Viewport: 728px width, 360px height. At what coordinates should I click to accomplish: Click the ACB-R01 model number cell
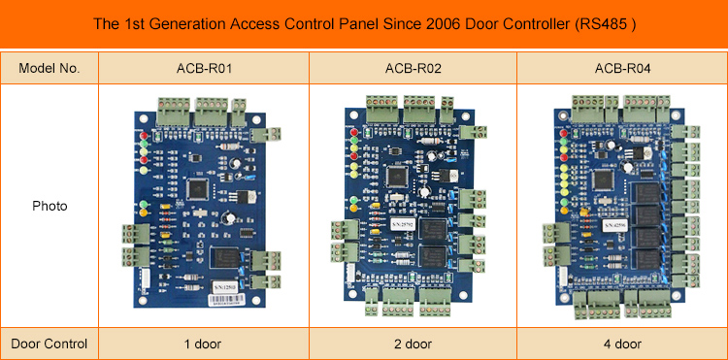click(203, 67)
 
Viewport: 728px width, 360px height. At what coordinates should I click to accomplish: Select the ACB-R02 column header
click(413, 67)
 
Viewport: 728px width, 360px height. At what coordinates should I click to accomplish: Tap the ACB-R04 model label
click(622, 67)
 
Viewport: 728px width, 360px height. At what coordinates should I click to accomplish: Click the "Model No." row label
click(49, 67)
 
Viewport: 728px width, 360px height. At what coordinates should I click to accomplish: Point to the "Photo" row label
click(49, 207)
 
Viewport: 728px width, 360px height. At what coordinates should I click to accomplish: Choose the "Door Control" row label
click(49, 344)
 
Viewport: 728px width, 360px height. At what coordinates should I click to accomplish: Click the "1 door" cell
click(203, 344)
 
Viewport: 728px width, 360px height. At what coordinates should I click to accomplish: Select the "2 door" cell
click(413, 344)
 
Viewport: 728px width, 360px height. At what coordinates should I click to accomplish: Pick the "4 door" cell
click(622, 344)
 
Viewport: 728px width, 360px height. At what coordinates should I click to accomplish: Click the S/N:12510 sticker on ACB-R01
click(226, 287)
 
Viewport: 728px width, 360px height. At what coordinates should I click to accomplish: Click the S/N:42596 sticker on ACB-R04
click(614, 226)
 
